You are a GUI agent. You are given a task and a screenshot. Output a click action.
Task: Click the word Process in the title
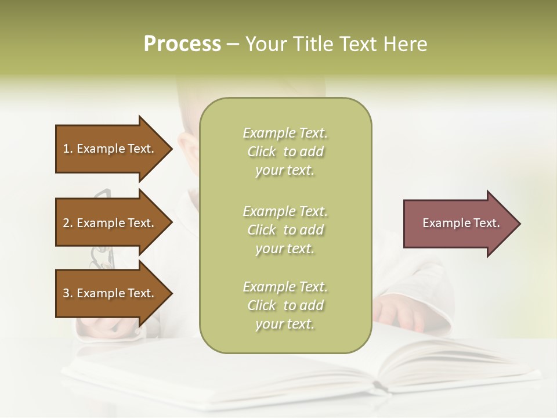[182, 44]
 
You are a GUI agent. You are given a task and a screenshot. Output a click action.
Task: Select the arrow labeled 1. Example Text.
[113, 149]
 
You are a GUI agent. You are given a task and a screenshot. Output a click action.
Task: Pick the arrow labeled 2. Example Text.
[113, 223]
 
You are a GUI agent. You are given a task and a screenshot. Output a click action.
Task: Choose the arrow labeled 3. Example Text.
[113, 293]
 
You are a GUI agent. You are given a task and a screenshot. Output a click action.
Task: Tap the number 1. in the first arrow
[68, 149]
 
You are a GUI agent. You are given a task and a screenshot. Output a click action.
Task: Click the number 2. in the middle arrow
[68, 223]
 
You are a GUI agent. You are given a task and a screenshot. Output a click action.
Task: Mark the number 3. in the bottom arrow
[68, 293]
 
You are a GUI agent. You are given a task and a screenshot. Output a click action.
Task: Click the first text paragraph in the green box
[285, 152]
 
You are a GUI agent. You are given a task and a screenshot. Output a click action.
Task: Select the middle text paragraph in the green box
[285, 230]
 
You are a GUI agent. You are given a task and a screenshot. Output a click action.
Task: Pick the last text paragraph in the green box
[285, 305]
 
